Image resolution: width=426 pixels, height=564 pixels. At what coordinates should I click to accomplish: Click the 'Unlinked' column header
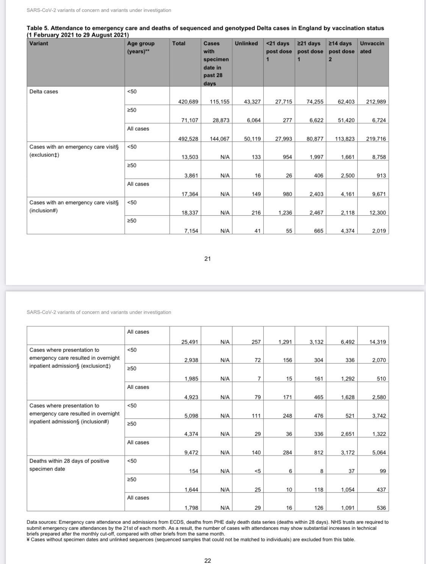(246, 44)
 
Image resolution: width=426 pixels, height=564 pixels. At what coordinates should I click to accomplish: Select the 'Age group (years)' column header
(141, 47)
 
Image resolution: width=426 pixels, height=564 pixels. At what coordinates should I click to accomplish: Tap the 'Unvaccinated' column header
(372, 47)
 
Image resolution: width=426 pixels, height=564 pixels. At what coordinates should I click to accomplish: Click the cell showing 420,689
(188, 102)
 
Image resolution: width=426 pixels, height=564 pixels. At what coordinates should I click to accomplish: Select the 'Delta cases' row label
(44, 92)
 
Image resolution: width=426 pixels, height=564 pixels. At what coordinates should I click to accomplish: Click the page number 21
(207, 259)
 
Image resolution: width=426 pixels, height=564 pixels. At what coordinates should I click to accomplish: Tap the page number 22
(208, 561)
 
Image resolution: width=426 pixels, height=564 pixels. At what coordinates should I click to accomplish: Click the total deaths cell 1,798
(191, 508)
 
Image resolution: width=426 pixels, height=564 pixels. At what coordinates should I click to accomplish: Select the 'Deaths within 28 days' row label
(69, 465)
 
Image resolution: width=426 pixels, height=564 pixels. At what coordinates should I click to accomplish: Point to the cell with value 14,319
(377, 342)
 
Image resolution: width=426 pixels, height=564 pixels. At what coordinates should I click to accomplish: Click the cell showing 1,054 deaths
(346, 489)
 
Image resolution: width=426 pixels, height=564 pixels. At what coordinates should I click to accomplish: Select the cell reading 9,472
(191, 453)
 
